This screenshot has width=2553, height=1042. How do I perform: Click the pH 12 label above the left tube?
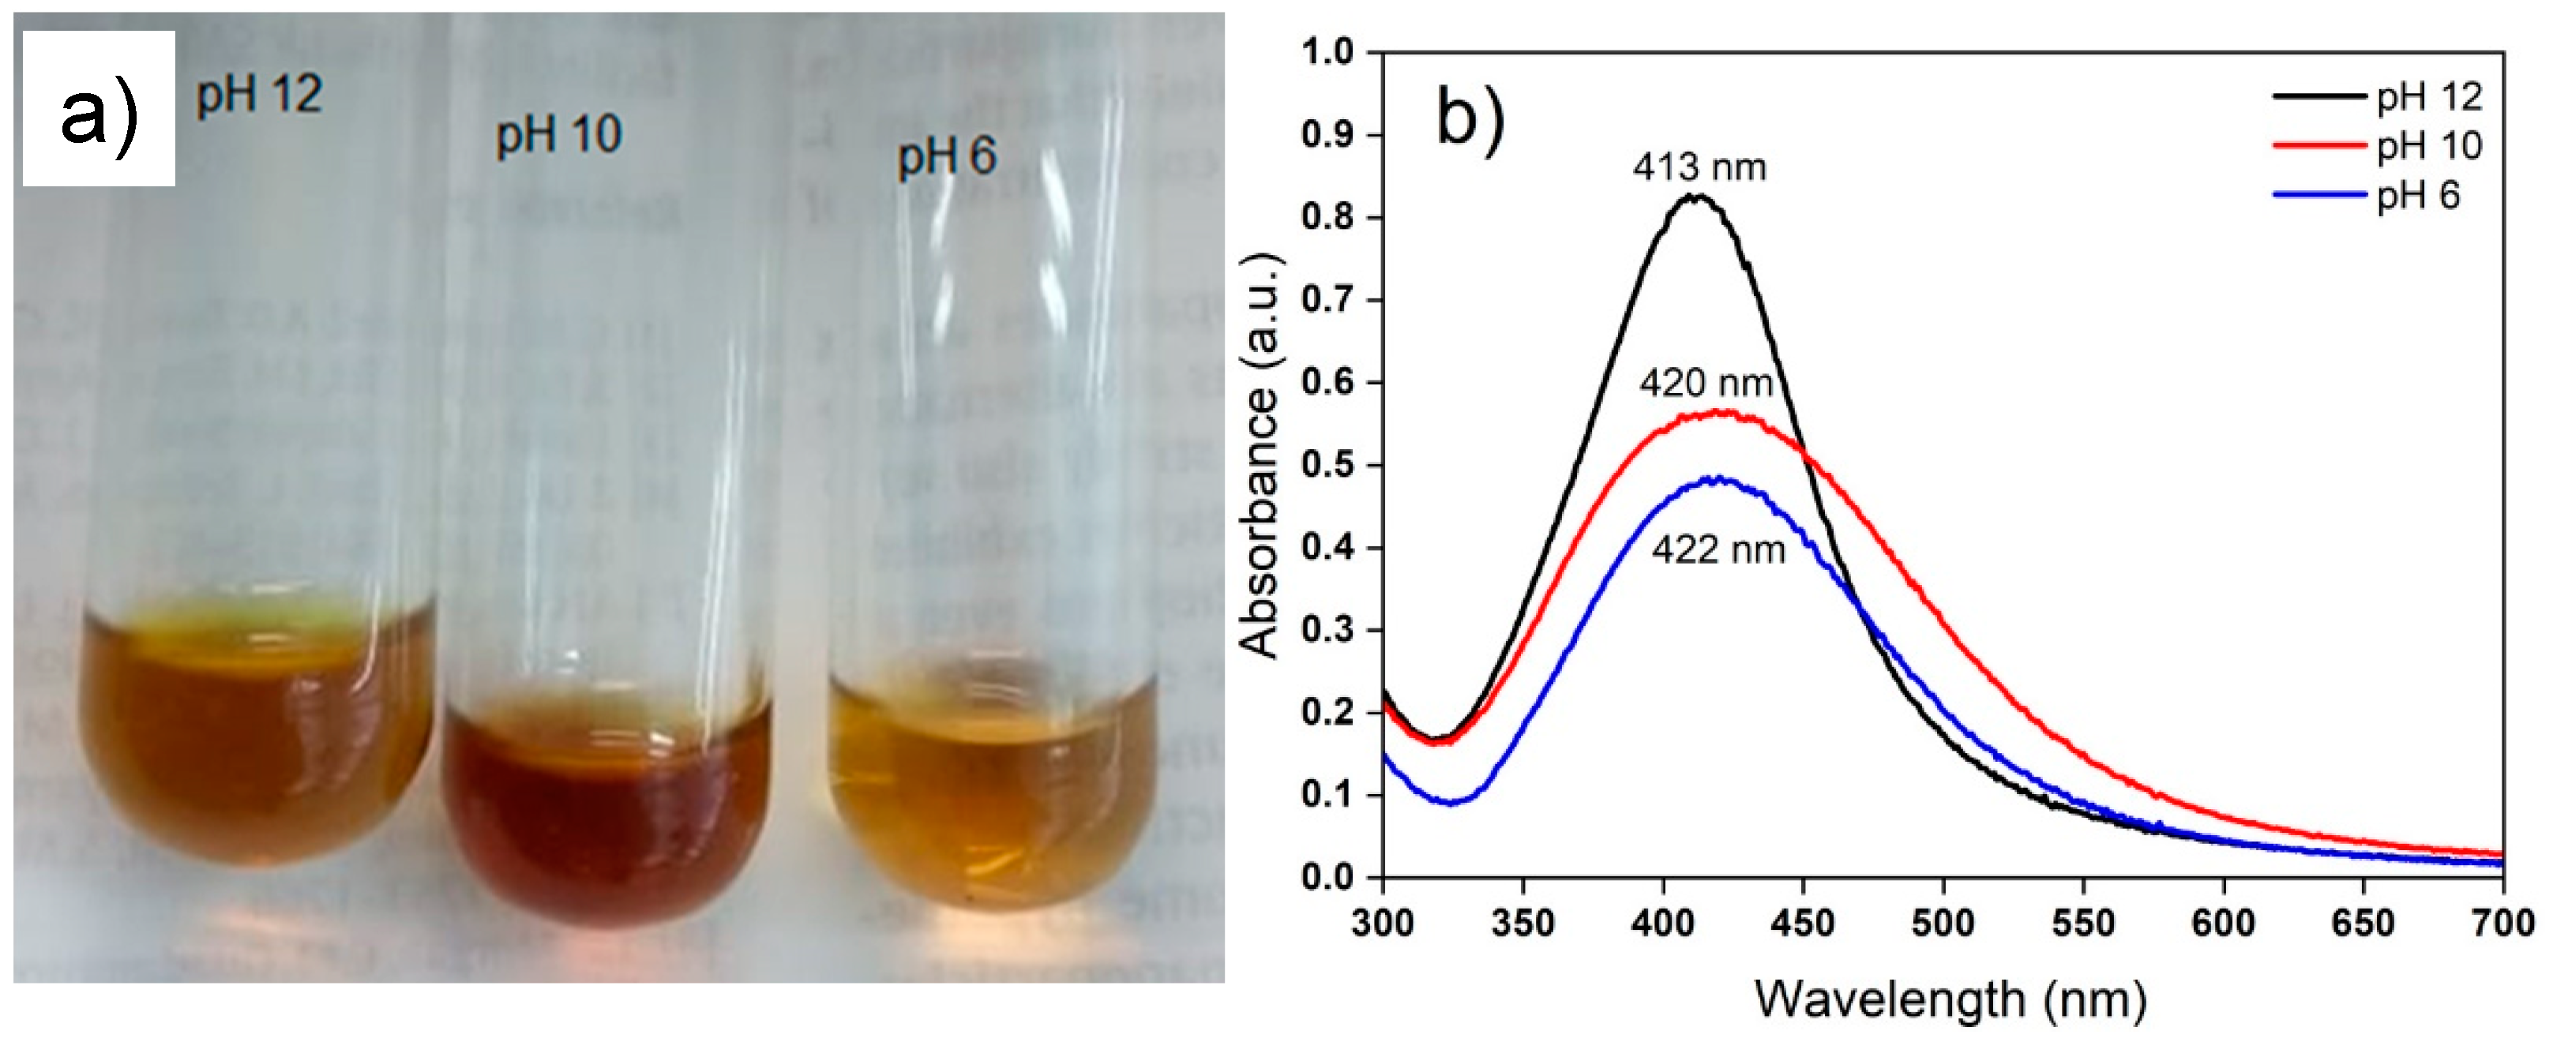260,95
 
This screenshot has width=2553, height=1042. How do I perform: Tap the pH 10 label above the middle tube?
558,135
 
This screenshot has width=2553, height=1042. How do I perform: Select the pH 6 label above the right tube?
947,156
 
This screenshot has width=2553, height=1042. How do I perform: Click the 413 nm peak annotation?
1699,167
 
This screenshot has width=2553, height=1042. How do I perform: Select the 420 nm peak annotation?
1706,382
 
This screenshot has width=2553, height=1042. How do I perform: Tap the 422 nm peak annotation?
1718,549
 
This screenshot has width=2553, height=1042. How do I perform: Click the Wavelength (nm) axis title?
1950,1000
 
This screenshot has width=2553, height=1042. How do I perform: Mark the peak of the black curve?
1698,196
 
